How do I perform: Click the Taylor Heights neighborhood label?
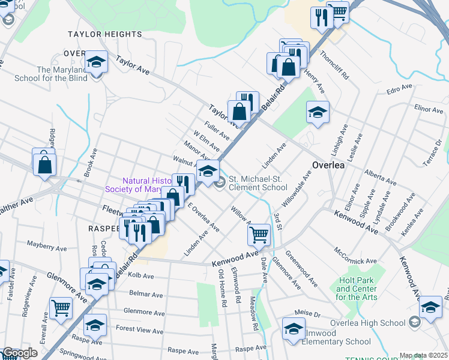[x=105, y=35]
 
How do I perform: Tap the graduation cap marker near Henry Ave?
[x=318, y=112]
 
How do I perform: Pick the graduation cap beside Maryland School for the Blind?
[x=95, y=63]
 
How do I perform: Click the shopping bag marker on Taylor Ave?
[x=239, y=111]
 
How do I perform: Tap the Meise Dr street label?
[x=309, y=314]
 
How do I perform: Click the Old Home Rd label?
[x=222, y=288]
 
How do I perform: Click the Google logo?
[x=19, y=353]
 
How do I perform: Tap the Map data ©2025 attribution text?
[x=423, y=356]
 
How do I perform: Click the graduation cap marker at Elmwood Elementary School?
[x=294, y=329]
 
